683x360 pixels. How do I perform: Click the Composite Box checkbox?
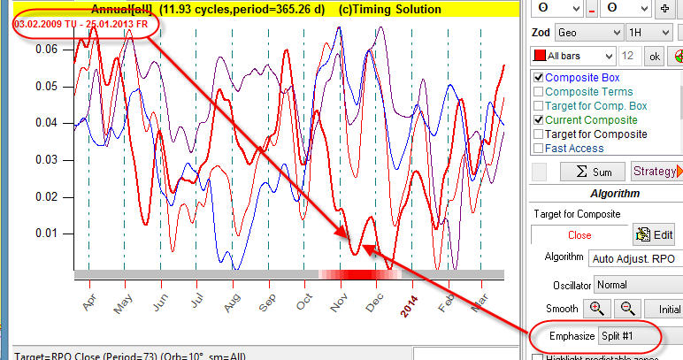(x=536, y=78)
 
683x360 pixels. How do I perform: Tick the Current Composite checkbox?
(x=536, y=120)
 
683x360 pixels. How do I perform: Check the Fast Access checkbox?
(x=536, y=149)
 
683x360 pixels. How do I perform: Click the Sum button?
(x=577, y=171)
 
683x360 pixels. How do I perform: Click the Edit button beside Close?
(x=654, y=235)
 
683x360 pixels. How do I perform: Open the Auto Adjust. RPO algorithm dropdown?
(x=635, y=258)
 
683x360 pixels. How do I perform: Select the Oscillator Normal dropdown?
(x=635, y=286)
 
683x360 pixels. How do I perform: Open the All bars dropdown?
(x=574, y=56)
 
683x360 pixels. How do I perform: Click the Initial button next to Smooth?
(x=665, y=310)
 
